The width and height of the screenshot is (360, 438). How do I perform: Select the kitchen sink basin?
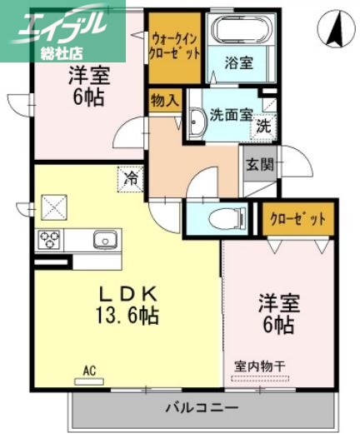pyautogui.click(x=105, y=241)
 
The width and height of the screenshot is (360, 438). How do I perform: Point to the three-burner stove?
pyautogui.click(x=47, y=241)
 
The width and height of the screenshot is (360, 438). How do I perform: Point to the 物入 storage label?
pyautogui.click(x=165, y=102)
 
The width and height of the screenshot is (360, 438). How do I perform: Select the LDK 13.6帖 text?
pyautogui.click(x=130, y=305)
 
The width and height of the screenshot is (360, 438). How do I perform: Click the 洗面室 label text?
pyautogui.click(x=231, y=114)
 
